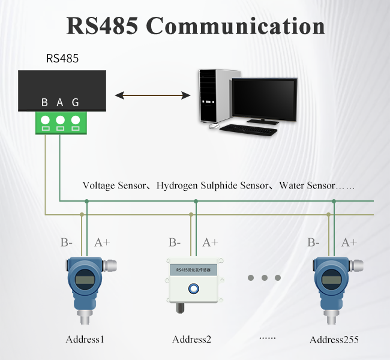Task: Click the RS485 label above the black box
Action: (62, 59)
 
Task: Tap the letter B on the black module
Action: (45, 103)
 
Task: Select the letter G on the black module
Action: (76, 103)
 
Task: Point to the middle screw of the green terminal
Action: (60, 119)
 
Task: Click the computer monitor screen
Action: (263, 97)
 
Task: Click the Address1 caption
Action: (85, 340)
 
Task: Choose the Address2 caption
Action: (191, 340)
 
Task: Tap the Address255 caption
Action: (334, 340)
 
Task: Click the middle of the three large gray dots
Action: (264, 278)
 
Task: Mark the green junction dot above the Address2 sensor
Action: (196, 201)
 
